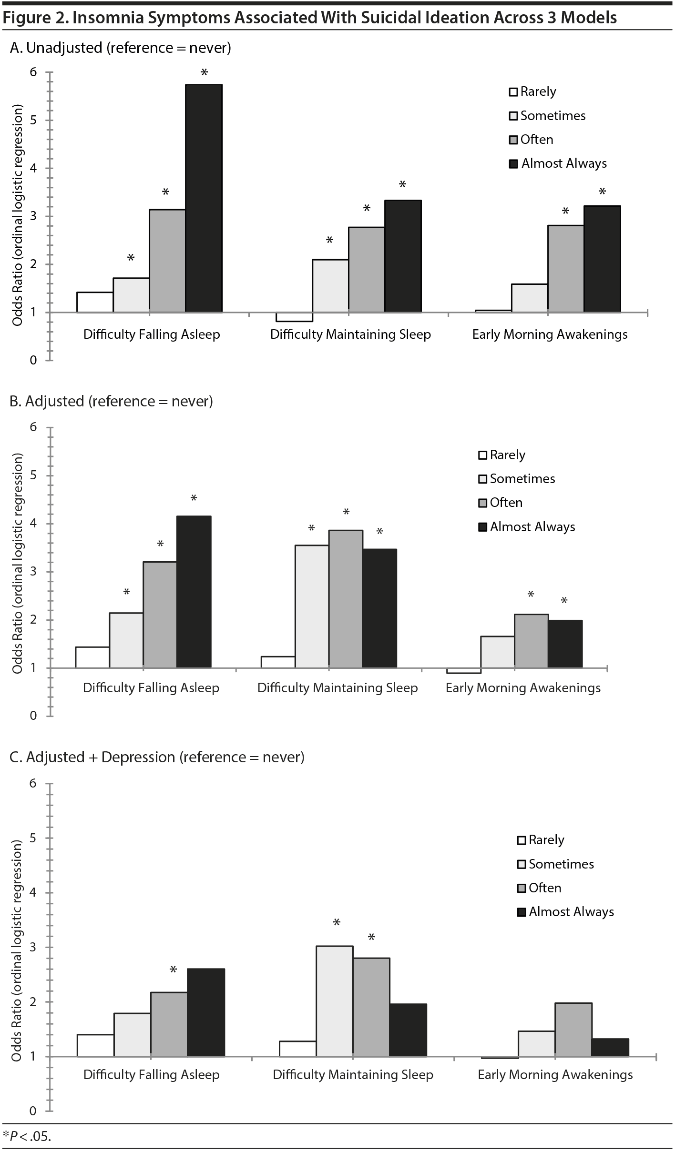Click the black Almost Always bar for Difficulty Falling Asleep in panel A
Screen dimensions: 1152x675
coord(204,198)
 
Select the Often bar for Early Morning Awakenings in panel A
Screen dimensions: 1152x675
coord(565,269)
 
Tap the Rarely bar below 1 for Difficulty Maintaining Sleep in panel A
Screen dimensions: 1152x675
coord(294,317)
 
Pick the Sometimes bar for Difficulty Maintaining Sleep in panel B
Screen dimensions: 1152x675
coord(312,606)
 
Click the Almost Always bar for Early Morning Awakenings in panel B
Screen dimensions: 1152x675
coord(565,644)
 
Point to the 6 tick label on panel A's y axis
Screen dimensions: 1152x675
coord(33,72)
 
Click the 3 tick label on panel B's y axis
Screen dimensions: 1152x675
coord(33,571)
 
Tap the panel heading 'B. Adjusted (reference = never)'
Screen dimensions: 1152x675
coord(111,401)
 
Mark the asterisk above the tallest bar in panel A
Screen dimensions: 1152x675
coord(204,73)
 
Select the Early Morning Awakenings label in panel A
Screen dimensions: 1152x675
coord(550,334)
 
